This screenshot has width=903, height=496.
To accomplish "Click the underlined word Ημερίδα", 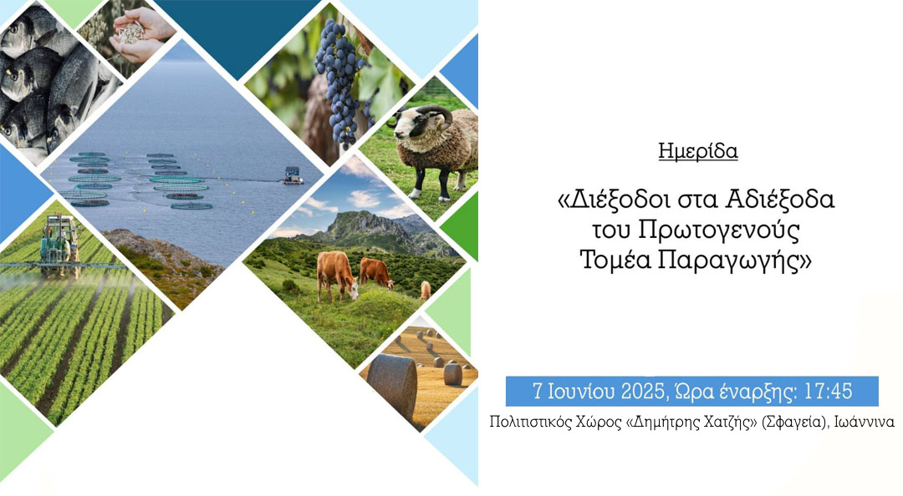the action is point(698,151).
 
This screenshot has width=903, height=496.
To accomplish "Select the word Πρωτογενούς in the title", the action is point(719,230).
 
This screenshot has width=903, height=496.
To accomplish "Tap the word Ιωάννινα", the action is point(864,422).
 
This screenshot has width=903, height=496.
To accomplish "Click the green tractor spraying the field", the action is point(60,245).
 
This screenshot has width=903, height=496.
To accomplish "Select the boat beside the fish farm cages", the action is point(293,175).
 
